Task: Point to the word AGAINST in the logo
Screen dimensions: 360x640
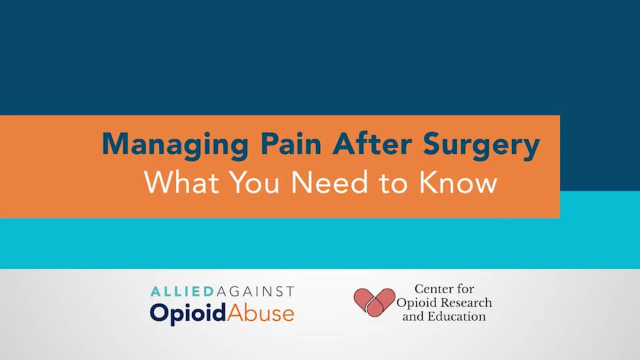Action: point(254,291)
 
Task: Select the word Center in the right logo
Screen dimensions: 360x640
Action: point(434,289)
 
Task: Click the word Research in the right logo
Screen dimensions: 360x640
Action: point(467,303)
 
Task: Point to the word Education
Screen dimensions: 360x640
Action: point(456,316)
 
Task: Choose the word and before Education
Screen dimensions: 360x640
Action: point(413,316)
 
